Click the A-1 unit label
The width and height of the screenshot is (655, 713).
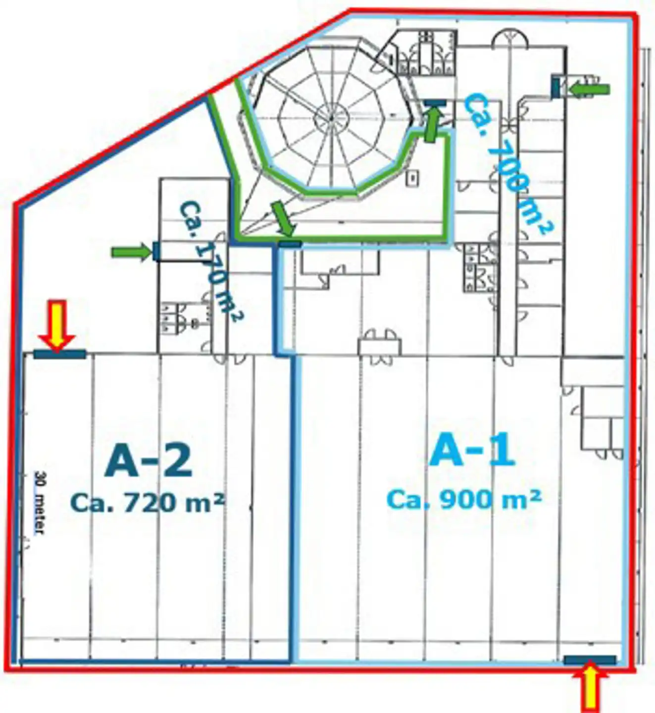(472, 449)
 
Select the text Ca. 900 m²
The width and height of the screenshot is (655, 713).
(464, 500)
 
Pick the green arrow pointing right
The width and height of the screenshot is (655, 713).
(132, 252)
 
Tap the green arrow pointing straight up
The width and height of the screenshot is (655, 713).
(431, 124)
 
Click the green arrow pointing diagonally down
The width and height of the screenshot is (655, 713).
(284, 219)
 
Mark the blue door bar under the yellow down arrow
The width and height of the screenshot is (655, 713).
(60, 355)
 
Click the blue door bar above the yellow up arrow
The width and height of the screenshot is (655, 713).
(590, 661)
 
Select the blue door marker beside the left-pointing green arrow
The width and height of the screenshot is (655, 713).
(556, 86)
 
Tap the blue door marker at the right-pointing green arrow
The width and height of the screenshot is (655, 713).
(156, 252)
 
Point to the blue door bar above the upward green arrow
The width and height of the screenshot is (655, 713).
(435, 102)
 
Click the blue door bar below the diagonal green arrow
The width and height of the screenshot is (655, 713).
(290, 244)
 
